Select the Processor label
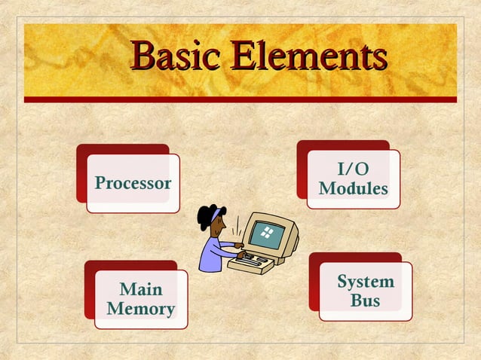(133, 183)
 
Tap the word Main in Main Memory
(141, 289)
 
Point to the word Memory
(141, 309)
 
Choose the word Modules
(353, 188)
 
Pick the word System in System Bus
(365, 282)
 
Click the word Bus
(365, 301)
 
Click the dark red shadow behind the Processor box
(81, 173)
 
